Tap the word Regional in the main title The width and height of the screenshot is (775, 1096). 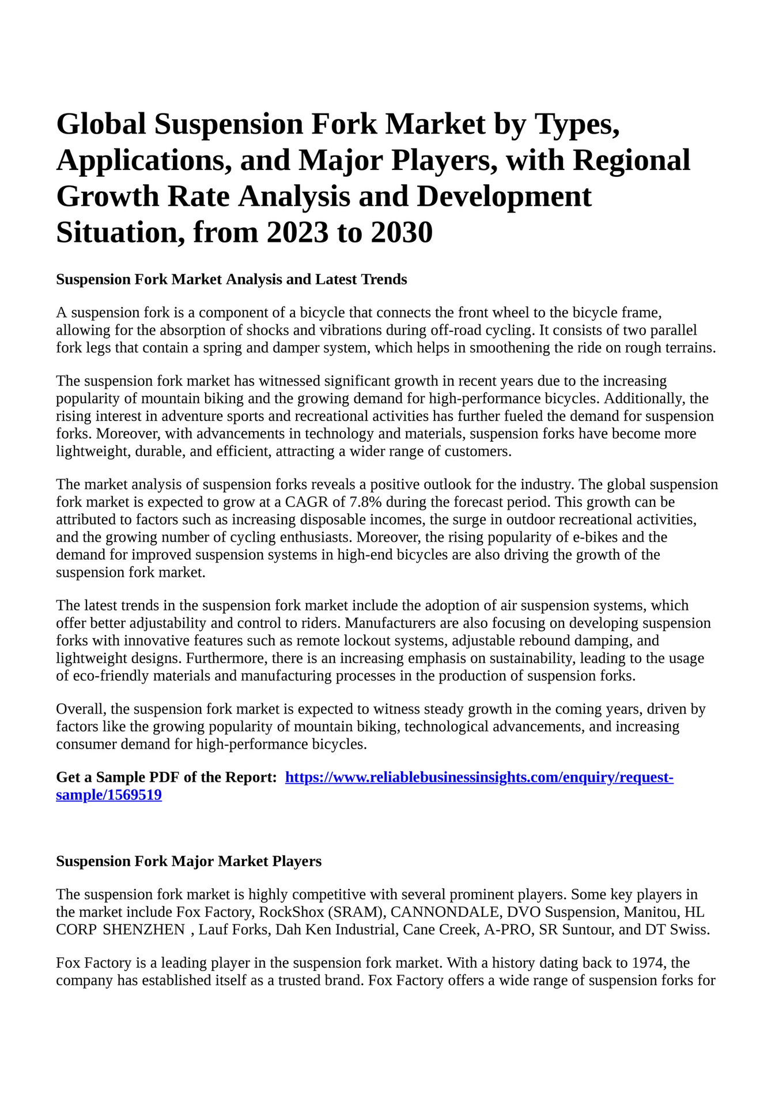click(x=631, y=160)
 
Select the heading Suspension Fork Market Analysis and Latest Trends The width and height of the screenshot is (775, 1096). click(x=231, y=280)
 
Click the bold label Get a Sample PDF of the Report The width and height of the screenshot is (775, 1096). click(x=167, y=778)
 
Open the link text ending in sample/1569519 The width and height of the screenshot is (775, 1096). click(x=108, y=795)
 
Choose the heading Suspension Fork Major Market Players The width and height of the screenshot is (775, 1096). click(x=188, y=862)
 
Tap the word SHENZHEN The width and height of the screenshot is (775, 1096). click(x=143, y=930)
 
